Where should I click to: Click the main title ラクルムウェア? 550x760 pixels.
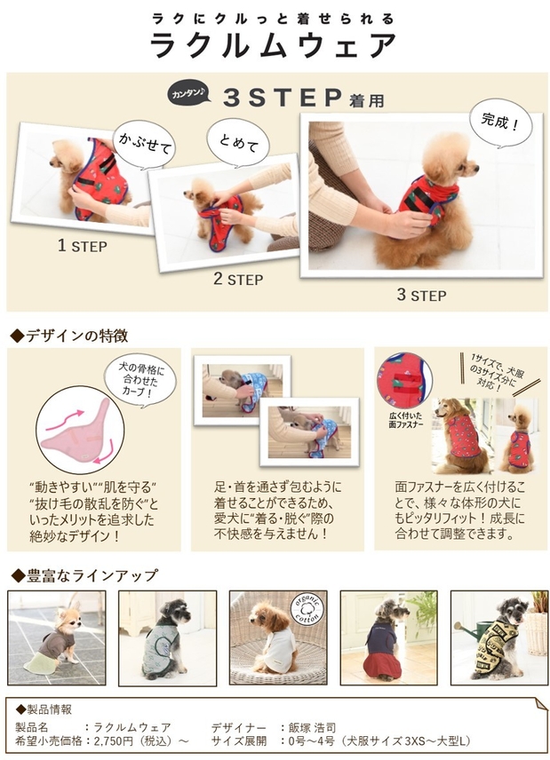274,45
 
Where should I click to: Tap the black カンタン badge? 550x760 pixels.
188,93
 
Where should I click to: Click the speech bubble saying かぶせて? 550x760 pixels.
143,142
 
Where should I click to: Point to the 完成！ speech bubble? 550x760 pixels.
500,121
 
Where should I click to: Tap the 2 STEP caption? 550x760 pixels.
237,279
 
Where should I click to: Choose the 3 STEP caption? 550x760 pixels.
422,294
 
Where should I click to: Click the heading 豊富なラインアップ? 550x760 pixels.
83,574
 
